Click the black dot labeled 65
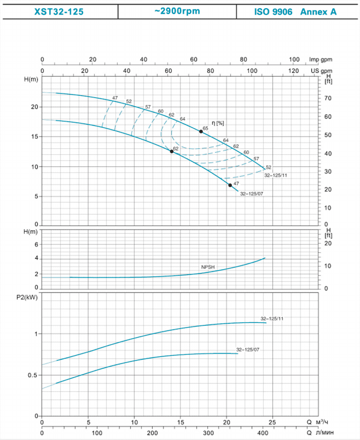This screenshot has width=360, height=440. (201, 132)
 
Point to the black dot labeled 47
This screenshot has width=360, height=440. (230, 185)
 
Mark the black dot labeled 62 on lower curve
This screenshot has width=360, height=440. (172, 151)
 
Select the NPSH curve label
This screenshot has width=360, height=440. (207, 267)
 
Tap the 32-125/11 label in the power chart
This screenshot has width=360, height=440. (272, 319)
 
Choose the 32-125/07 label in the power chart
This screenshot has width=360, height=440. (248, 350)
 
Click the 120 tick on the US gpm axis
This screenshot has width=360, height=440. (293, 71)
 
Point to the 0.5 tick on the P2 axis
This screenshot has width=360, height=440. (33, 375)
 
